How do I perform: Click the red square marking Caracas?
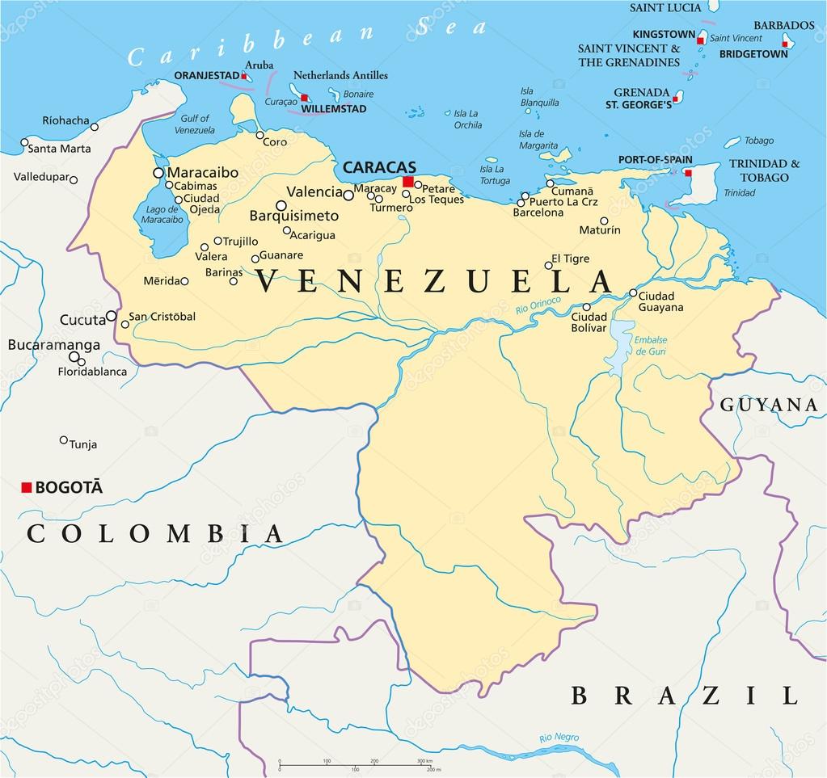[x=408, y=182]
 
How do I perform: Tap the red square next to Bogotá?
[x=27, y=487]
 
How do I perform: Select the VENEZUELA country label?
[x=434, y=282]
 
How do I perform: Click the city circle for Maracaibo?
[x=158, y=173]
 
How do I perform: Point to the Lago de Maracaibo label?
[x=162, y=214]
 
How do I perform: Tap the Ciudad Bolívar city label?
[x=589, y=322]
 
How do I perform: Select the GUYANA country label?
[x=769, y=405]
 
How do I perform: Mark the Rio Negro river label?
[x=559, y=737]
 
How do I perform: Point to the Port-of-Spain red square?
[x=688, y=173]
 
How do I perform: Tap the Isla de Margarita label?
[x=537, y=140]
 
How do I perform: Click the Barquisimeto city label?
[x=293, y=216]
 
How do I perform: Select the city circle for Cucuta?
[x=112, y=316]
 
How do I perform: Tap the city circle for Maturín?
[x=604, y=221]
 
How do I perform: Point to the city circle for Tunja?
[x=64, y=440]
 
